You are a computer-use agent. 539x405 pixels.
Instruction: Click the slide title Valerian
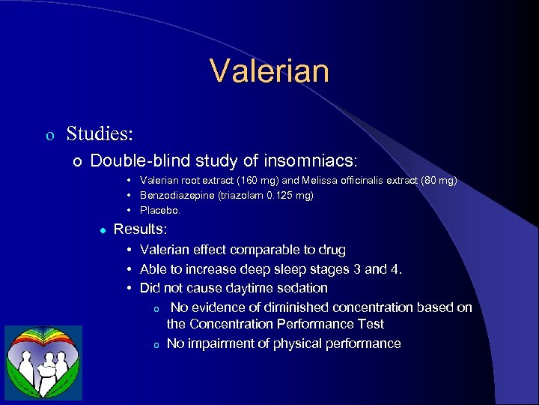269,71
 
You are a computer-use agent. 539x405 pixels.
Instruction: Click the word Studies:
100,134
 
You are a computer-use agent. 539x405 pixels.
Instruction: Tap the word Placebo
159,210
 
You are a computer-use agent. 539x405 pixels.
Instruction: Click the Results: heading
141,229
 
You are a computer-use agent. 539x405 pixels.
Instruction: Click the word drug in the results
333,250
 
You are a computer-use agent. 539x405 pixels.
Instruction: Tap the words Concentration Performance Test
287,324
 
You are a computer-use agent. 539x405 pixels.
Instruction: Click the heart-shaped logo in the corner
43,361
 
